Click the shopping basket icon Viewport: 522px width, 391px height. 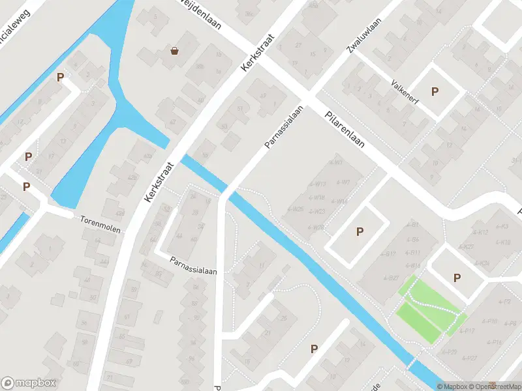tap(175, 50)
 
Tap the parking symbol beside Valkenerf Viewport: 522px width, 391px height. tap(435, 92)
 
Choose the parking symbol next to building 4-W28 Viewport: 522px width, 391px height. tap(359, 231)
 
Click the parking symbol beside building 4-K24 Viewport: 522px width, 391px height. tap(457, 278)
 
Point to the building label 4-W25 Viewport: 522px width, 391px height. tap(295, 209)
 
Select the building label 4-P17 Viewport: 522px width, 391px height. tap(466, 331)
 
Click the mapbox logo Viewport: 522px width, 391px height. tap(29, 383)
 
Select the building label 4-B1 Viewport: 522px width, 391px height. tap(412, 225)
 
